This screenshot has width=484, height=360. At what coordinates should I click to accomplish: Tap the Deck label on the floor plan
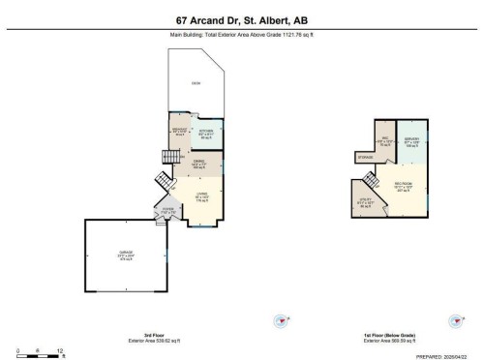[x=197, y=83]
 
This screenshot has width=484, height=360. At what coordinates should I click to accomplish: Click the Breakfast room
[x=179, y=133]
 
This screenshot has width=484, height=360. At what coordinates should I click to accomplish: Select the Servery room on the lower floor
[x=410, y=143]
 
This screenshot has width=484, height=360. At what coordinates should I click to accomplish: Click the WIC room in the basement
[x=383, y=143]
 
